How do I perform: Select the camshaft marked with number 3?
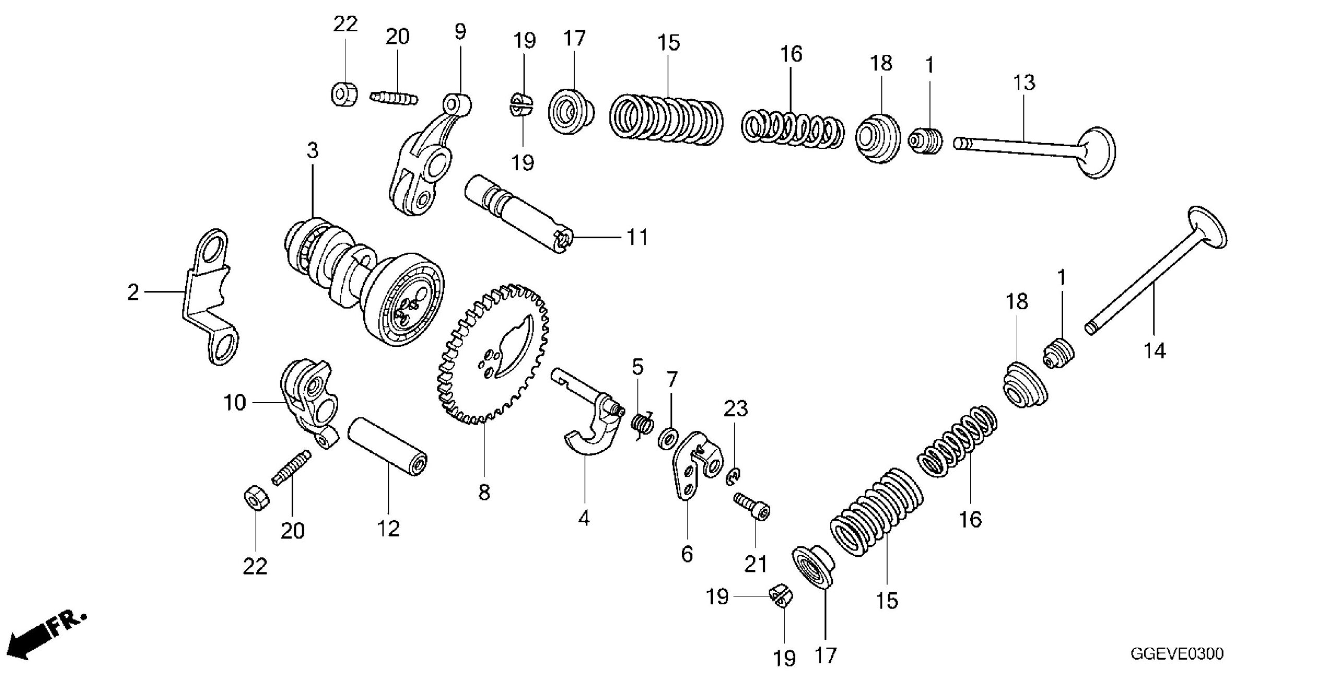[x=365, y=277]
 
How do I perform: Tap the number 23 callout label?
[x=735, y=409]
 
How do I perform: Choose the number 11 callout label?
[x=637, y=238]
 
